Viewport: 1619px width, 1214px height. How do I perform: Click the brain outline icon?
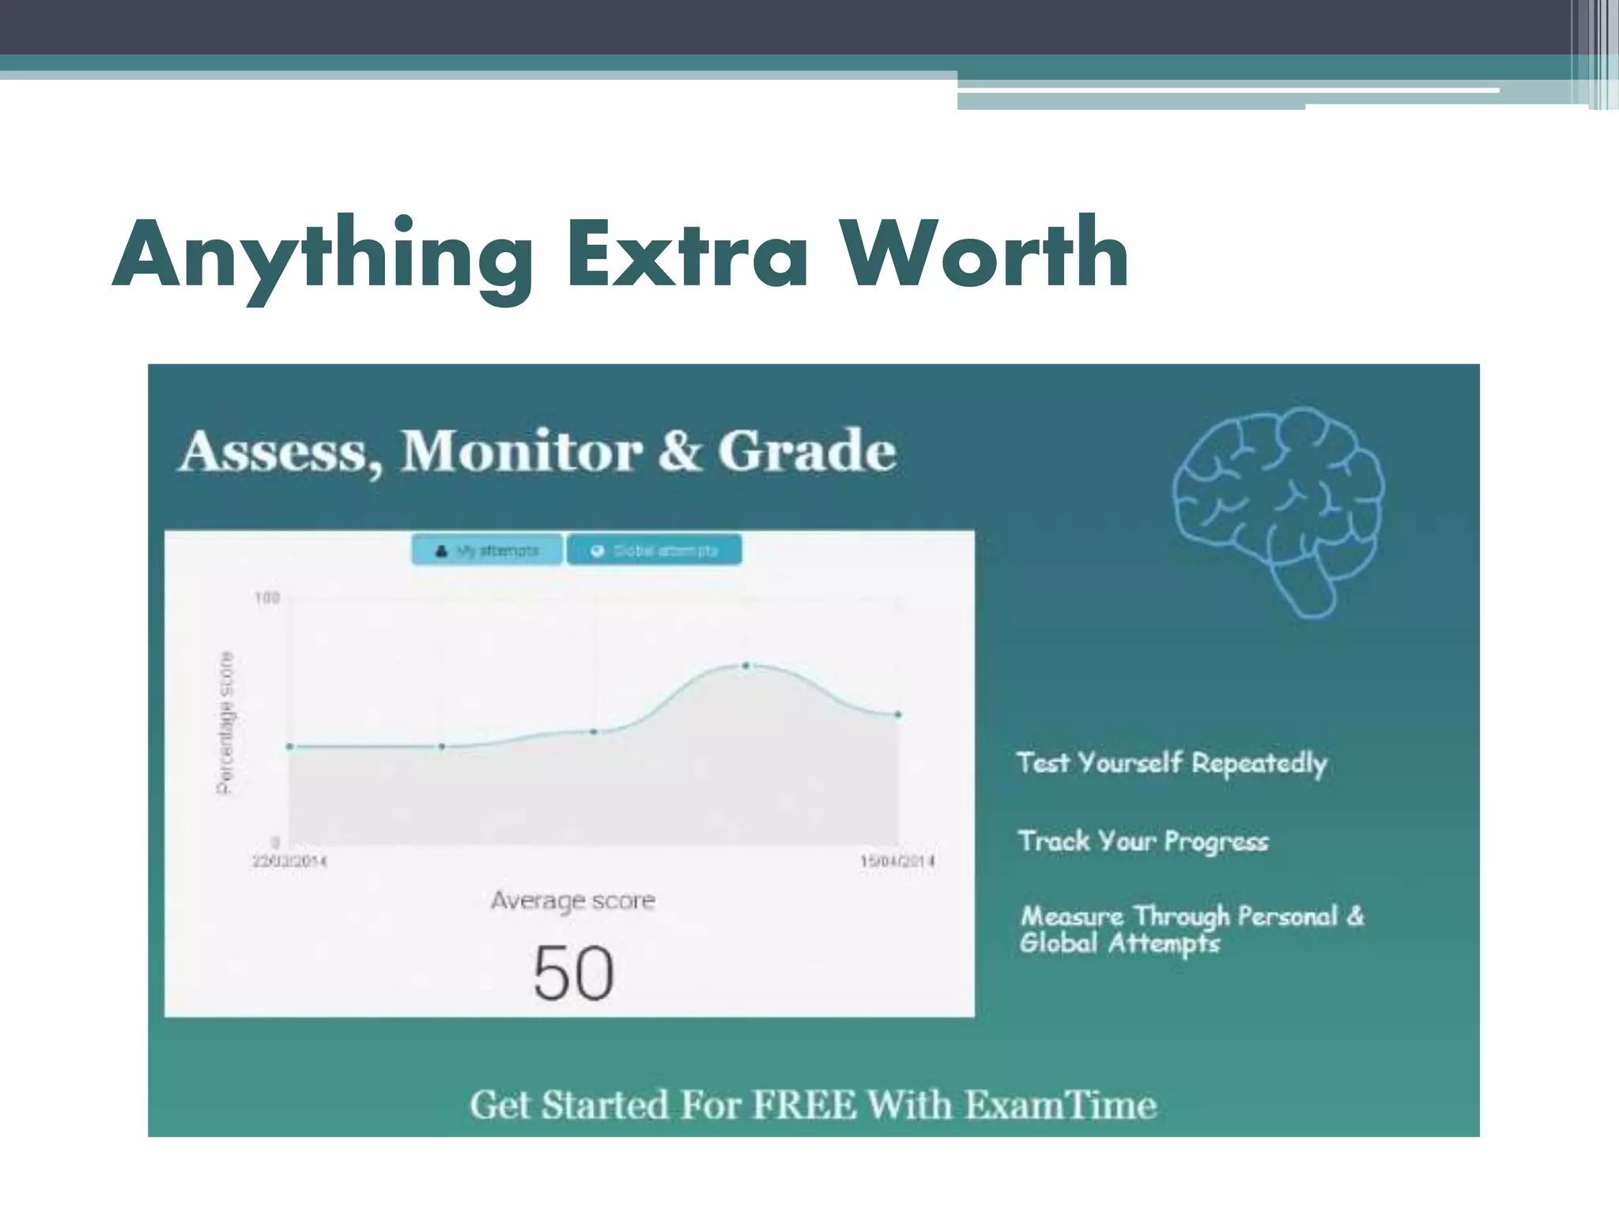(1278, 511)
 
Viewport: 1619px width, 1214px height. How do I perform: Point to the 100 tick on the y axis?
(267, 598)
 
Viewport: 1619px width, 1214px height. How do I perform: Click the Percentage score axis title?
(225, 722)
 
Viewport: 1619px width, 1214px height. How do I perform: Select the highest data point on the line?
(745, 666)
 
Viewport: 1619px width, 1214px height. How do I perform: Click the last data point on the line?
(898, 714)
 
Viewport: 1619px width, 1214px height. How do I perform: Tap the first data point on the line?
(289, 746)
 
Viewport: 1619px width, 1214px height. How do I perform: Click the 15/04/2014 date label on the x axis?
(897, 861)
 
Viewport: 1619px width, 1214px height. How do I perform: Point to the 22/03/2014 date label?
(289, 861)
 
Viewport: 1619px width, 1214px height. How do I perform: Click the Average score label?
(572, 900)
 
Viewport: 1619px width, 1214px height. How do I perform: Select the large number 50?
(573, 973)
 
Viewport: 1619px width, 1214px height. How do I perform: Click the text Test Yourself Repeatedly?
(1172, 763)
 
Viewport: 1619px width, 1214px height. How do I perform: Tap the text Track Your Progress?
(1143, 841)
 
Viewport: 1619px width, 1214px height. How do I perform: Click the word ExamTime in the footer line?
(1061, 1105)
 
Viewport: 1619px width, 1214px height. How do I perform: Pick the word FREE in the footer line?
(804, 1105)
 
